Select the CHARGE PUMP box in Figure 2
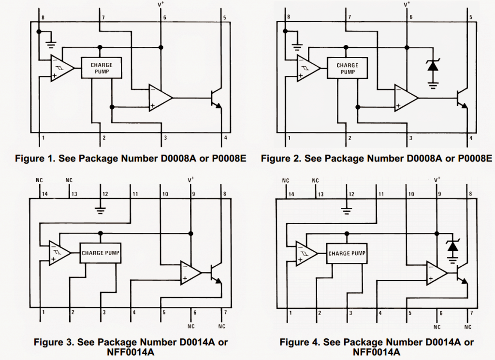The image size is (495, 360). tap(347, 69)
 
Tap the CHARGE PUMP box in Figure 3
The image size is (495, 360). tap(101, 253)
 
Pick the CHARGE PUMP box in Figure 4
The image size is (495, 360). tap(347, 253)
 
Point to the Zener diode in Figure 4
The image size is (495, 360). tap(452, 247)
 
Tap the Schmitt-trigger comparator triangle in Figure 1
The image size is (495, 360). tap(62, 68)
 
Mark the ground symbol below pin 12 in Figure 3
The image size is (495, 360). tap(101, 209)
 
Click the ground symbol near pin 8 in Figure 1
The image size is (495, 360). tap(50, 46)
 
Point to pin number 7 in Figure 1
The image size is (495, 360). tap(103, 18)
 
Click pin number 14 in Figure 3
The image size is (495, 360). tap(45, 194)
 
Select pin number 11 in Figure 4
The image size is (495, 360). tap(381, 194)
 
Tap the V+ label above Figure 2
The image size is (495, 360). tap(407, 4)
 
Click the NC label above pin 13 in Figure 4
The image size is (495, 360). tap(315, 181)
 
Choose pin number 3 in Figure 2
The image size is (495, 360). tap(411, 138)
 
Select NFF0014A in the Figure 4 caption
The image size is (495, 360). tap(377, 352)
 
